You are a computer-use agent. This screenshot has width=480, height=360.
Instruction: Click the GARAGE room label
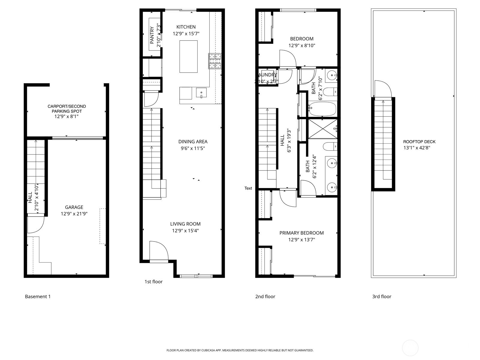click(x=74, y=207)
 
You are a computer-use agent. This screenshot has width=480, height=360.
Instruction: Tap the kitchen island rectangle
click(x=188, y=56)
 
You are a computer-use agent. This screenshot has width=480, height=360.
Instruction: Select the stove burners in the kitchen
click(x=215, y=61)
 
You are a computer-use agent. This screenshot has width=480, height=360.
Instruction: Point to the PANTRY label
click(x=152, y=35)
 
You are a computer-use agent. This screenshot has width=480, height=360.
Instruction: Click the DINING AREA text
click(x=193, y=142)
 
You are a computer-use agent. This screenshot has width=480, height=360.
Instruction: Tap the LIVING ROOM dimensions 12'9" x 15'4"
click(x=185, y=231)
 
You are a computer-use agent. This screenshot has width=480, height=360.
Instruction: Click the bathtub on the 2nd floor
click(x=322, y=109)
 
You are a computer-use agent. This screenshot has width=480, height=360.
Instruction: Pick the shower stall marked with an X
click(x=322, y=129)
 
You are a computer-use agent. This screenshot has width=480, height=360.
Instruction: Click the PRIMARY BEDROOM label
click(x=301, y=233)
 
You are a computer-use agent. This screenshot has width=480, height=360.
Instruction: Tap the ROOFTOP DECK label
click(x=419, y=142)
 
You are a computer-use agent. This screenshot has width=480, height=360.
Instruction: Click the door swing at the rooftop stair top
click(x=383, y=89)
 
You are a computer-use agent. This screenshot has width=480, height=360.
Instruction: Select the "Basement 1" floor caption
click(x=38, y=296)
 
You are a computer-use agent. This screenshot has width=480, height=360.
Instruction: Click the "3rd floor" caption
click(x=382, y=296)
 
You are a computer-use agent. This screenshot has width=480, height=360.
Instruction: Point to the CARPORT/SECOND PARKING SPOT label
click(x=67, y=109)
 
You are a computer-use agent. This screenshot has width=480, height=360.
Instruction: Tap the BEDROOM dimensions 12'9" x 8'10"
click(x=302, y=46)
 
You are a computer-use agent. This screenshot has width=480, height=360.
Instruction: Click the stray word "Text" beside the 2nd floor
click(x=248, y=188)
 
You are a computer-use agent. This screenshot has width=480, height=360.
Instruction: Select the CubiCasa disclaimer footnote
click(x=240, y=350)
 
